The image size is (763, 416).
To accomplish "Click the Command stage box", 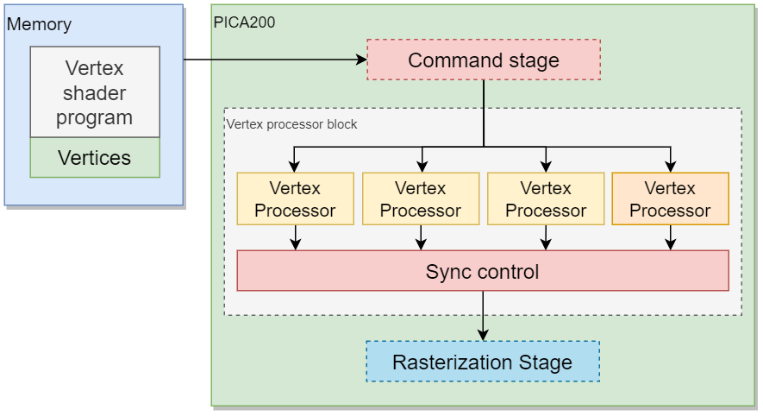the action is tap(484, 60).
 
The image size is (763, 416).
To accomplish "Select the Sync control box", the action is tap(483, 271).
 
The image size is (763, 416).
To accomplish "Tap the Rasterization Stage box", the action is tap(483, 362).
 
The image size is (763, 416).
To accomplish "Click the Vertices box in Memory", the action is tap(95, 157).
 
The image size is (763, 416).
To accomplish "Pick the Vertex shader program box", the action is tap(95, 92).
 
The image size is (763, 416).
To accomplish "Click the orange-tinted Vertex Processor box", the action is tap(670, 199).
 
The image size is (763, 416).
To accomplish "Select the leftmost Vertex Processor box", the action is tap(296, 199).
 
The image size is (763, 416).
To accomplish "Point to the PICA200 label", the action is tap(244, 22).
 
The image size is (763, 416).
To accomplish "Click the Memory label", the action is tap(39, 24).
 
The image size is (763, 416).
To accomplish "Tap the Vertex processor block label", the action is tap(291, 124).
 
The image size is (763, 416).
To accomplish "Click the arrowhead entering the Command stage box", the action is tap(361, 60).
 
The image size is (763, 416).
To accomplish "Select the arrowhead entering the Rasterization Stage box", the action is tap(483, 335).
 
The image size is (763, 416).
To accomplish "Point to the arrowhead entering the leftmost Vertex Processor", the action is tap(294, 167).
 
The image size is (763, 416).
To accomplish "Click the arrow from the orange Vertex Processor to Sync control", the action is tap(671, 237).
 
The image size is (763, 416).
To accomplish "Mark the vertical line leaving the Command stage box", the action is tap(484, 113).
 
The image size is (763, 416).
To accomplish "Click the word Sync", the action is tap(443, 272).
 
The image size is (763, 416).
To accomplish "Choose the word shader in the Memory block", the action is tap(94, 92).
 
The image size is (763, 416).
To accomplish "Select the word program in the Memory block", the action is tap(94, 118).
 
